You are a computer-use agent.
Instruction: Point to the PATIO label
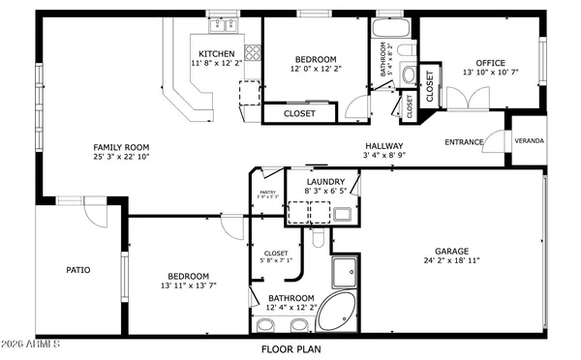coord(78,270)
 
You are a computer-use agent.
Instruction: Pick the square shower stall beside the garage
coord(346,273)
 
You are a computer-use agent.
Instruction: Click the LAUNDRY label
coord(325,182)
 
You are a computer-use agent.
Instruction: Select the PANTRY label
coord(267,193)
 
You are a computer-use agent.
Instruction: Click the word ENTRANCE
coord(464,142)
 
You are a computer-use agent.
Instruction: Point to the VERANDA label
coord(529,141)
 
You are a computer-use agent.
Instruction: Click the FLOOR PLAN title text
coord(290,348)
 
